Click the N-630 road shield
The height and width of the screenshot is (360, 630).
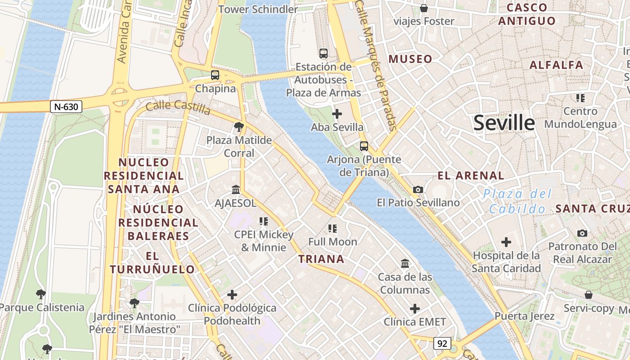(x=66, y=107)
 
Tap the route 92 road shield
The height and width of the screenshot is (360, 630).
(x=442, y=343)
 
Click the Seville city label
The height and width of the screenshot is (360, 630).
(x=504, y=122)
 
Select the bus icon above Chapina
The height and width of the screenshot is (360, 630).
(x=215, y=75)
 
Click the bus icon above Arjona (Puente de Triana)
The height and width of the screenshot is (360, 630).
(x=364, y=146)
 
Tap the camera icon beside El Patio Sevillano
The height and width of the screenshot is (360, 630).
(x=418, y=189)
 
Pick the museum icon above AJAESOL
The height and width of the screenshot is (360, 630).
(x=235, y=189)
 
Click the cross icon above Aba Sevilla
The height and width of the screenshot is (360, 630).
(x=337, y=114)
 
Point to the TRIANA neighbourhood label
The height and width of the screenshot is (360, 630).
(x=321, y=259)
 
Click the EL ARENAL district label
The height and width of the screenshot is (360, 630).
(x=471, y=175)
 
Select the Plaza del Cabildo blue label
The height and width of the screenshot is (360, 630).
(x=517, y=201)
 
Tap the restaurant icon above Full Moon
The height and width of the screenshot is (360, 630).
(x=333, y=229)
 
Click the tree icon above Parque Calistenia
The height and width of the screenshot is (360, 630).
(x=41, y=294)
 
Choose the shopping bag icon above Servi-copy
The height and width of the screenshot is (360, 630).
(x=588, y=295)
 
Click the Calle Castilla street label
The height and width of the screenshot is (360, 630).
(x=178, y=108)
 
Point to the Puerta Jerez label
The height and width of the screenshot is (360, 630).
(x=524, y=316)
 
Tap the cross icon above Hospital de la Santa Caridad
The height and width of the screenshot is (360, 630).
(x=506, y=242)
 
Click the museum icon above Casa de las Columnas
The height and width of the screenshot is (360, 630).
(x=405, y=263)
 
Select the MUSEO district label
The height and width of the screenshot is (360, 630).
(x=410, y=59)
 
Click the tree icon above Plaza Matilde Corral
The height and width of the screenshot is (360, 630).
(x=239, y=127)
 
